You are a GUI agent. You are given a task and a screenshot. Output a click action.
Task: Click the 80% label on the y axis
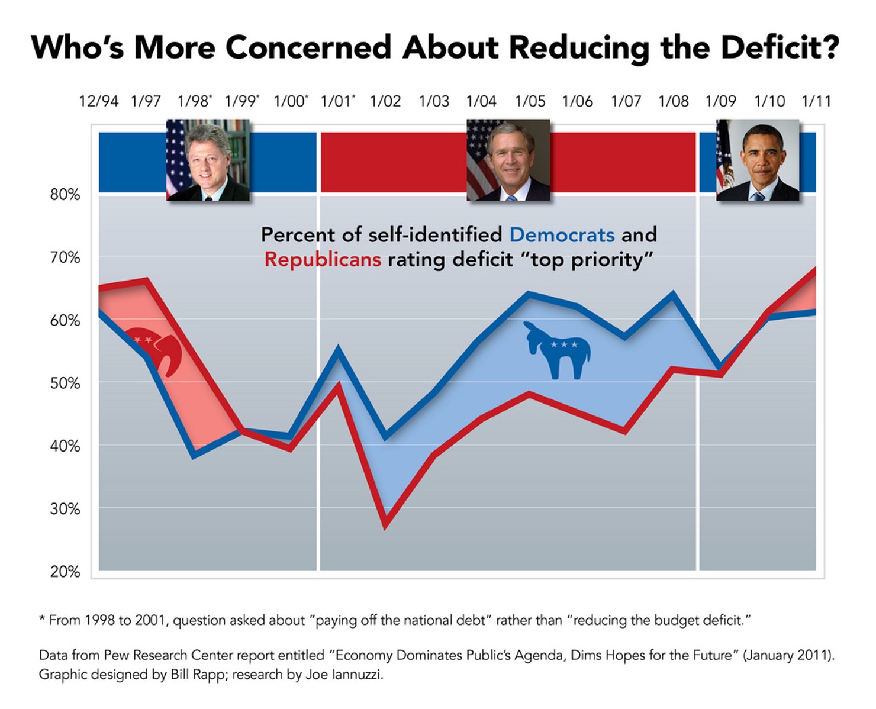65,195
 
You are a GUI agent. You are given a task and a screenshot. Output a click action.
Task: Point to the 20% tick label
65,572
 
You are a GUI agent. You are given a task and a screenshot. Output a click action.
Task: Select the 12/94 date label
98,101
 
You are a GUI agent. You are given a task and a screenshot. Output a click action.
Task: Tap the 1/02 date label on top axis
385,101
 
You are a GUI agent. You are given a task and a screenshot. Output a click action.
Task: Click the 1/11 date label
816,101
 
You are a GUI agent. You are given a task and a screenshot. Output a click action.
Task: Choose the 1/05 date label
530,101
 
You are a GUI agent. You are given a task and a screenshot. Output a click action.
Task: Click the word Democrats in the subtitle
562,235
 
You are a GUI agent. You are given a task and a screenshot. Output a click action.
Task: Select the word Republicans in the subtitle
323,260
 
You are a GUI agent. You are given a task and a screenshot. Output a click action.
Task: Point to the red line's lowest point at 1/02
386,524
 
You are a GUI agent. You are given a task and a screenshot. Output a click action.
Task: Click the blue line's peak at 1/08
673,293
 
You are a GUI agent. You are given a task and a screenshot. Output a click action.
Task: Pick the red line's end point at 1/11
816,270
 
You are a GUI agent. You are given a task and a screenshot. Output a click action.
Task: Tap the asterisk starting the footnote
42,620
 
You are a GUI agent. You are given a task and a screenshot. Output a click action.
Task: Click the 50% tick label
65,383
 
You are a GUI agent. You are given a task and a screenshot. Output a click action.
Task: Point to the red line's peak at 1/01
338,385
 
